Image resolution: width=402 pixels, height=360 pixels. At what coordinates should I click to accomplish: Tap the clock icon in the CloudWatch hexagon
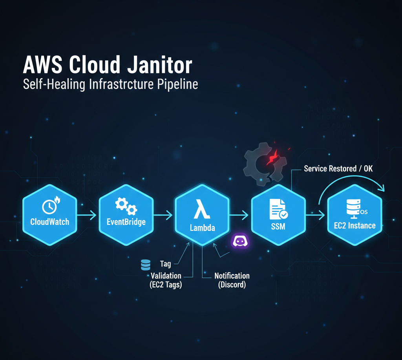point(49,206)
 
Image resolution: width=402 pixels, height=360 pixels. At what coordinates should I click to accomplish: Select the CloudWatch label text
point(50,222)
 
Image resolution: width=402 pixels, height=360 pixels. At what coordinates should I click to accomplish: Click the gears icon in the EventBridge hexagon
point(125,205)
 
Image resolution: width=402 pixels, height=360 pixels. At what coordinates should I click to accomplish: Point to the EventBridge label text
point(126,222)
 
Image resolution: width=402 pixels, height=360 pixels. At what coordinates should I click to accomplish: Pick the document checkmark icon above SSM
point(278,208)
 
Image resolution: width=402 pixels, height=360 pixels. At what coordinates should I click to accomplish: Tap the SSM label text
point(278,227)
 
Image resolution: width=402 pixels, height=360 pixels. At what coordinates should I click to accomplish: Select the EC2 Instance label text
point(355,225)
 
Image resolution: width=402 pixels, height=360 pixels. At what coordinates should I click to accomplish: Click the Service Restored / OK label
point(338,169)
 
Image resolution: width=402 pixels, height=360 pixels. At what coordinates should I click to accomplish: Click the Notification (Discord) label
point(232,280)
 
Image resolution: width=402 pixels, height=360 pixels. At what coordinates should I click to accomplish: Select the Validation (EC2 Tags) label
point(166,280)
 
